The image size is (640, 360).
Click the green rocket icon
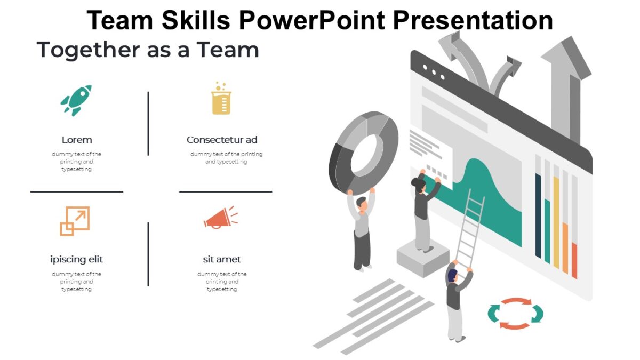(76, 100)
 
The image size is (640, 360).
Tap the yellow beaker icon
(221, 99)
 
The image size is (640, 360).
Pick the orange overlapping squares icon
(75, 221)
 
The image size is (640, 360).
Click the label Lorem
(77, 140)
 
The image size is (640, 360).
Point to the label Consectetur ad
(222, 140)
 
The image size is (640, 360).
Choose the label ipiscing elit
(77, 260)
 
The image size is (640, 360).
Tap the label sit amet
(222, 260)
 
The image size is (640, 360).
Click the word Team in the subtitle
(228, 50)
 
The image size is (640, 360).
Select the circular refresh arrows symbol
(515, 313)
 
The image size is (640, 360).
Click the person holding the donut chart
(362, 232)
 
